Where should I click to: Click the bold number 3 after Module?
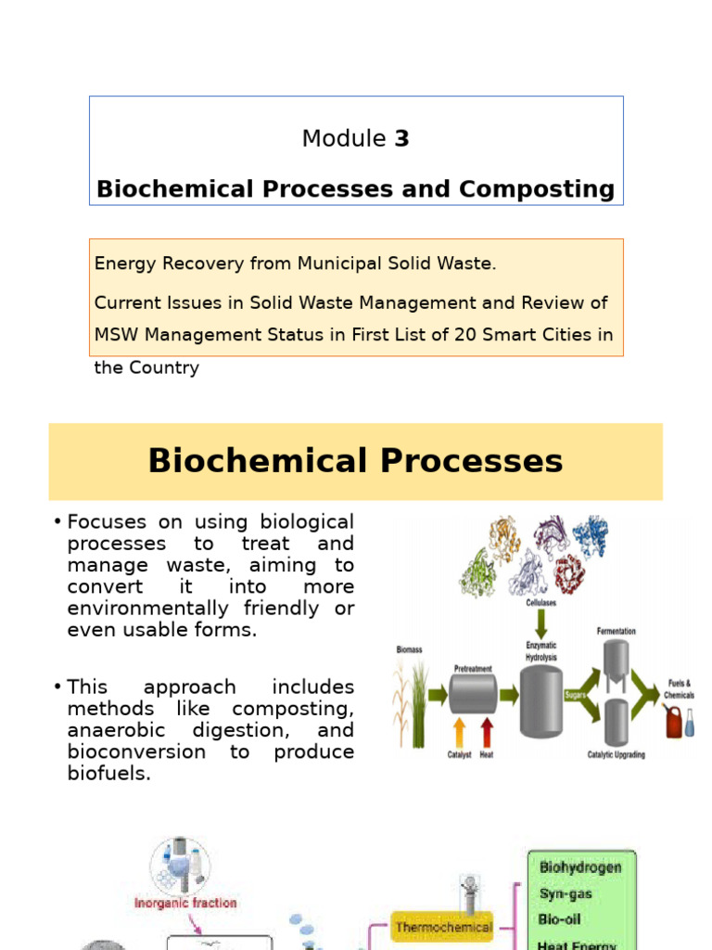[401, 139]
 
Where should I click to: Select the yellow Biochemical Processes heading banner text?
[356, 461]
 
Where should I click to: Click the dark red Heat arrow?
[488, 728]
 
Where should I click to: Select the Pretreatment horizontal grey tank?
[473, 693]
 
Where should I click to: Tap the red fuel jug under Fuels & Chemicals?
[673, 721]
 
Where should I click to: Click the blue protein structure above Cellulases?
[589, 535]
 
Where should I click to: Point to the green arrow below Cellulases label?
[541, 623]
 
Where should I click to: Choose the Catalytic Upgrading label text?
[617, 754]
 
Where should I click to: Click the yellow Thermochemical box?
[442, 926]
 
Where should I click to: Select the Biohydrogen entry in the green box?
[580, 867]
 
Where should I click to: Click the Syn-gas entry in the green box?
[566, 893]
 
